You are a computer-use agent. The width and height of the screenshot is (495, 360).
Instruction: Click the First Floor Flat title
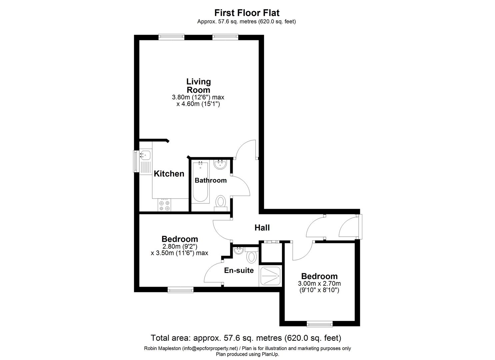247,13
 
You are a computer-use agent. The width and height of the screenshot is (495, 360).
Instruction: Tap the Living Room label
198,86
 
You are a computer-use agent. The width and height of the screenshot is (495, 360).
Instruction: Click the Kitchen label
169,174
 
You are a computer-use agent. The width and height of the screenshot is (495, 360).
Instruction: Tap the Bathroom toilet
221,202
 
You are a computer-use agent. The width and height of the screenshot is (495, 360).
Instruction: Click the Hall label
262,228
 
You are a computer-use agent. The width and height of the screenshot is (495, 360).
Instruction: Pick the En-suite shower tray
270,276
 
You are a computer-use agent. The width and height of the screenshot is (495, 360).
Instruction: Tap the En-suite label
239,270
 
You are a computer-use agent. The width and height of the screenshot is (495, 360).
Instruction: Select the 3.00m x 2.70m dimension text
319,284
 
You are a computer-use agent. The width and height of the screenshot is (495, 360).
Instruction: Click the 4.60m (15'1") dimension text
198,104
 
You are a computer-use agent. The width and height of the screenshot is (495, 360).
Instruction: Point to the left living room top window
171,37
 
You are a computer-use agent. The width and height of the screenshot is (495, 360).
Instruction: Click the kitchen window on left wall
136,161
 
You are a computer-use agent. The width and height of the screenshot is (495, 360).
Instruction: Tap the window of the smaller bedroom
319,324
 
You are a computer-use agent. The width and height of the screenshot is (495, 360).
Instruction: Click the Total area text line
246,338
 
